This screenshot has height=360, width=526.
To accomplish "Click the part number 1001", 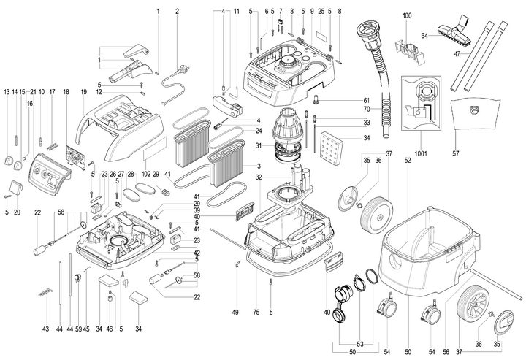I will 420,155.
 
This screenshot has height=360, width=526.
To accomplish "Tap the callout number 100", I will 407,15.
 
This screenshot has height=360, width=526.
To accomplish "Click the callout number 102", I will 146,175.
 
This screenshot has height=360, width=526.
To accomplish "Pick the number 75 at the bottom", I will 256,312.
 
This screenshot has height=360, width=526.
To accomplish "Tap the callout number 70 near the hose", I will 367,110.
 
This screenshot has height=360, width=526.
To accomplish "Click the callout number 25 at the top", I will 321,11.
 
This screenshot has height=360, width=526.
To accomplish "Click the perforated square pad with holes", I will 338,150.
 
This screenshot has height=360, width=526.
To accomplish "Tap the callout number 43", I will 46,330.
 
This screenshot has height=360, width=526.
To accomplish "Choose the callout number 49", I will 236,312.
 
